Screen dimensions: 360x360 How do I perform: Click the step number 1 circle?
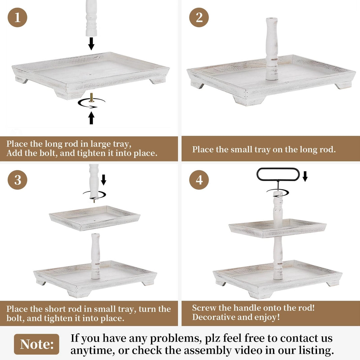tap(17, 17)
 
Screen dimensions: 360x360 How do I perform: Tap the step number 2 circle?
tap(199, 17)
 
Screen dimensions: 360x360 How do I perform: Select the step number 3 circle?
tap(17, 180)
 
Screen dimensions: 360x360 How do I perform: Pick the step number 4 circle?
tap(199, 180)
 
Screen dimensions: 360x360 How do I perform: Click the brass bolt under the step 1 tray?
tap(91, 98)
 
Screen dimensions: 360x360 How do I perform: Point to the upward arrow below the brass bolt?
tap(91, 118)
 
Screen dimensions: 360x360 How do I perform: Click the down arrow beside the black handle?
tap(305, 176)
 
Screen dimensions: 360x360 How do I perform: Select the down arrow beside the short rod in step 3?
tap(104, 180)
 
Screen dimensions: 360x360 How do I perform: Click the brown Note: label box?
tap(37, 344)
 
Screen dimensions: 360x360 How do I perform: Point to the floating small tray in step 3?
tap(95, 218)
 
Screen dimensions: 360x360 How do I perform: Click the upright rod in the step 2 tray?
tap(272, 49)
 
